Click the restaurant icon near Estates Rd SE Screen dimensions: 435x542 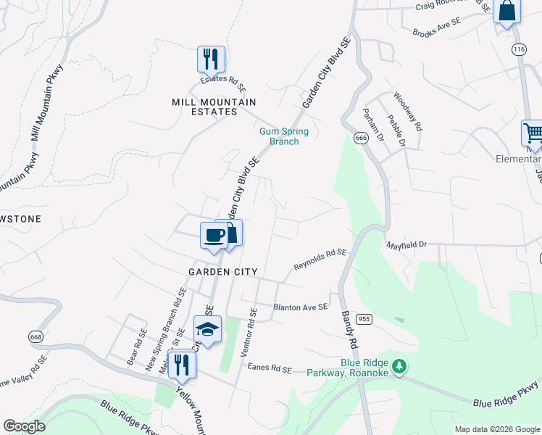[211, 58]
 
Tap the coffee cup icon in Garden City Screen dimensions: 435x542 [213, 235]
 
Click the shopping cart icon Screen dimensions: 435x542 [533, 133]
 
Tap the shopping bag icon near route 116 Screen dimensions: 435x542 [507, 11]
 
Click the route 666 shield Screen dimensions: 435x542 [361, 138]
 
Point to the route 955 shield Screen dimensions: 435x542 [364, 318]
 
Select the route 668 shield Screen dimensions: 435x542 [36, 336]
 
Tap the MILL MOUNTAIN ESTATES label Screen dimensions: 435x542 [204, 107]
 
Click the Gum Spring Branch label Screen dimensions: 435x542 [284, 136]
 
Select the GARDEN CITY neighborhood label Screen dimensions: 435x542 [222, 271]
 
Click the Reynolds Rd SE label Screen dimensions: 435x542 [320, 260]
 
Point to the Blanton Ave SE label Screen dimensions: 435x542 [300, 307]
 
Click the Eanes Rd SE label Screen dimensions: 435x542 [269, 369]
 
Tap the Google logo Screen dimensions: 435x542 [23, 426]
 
